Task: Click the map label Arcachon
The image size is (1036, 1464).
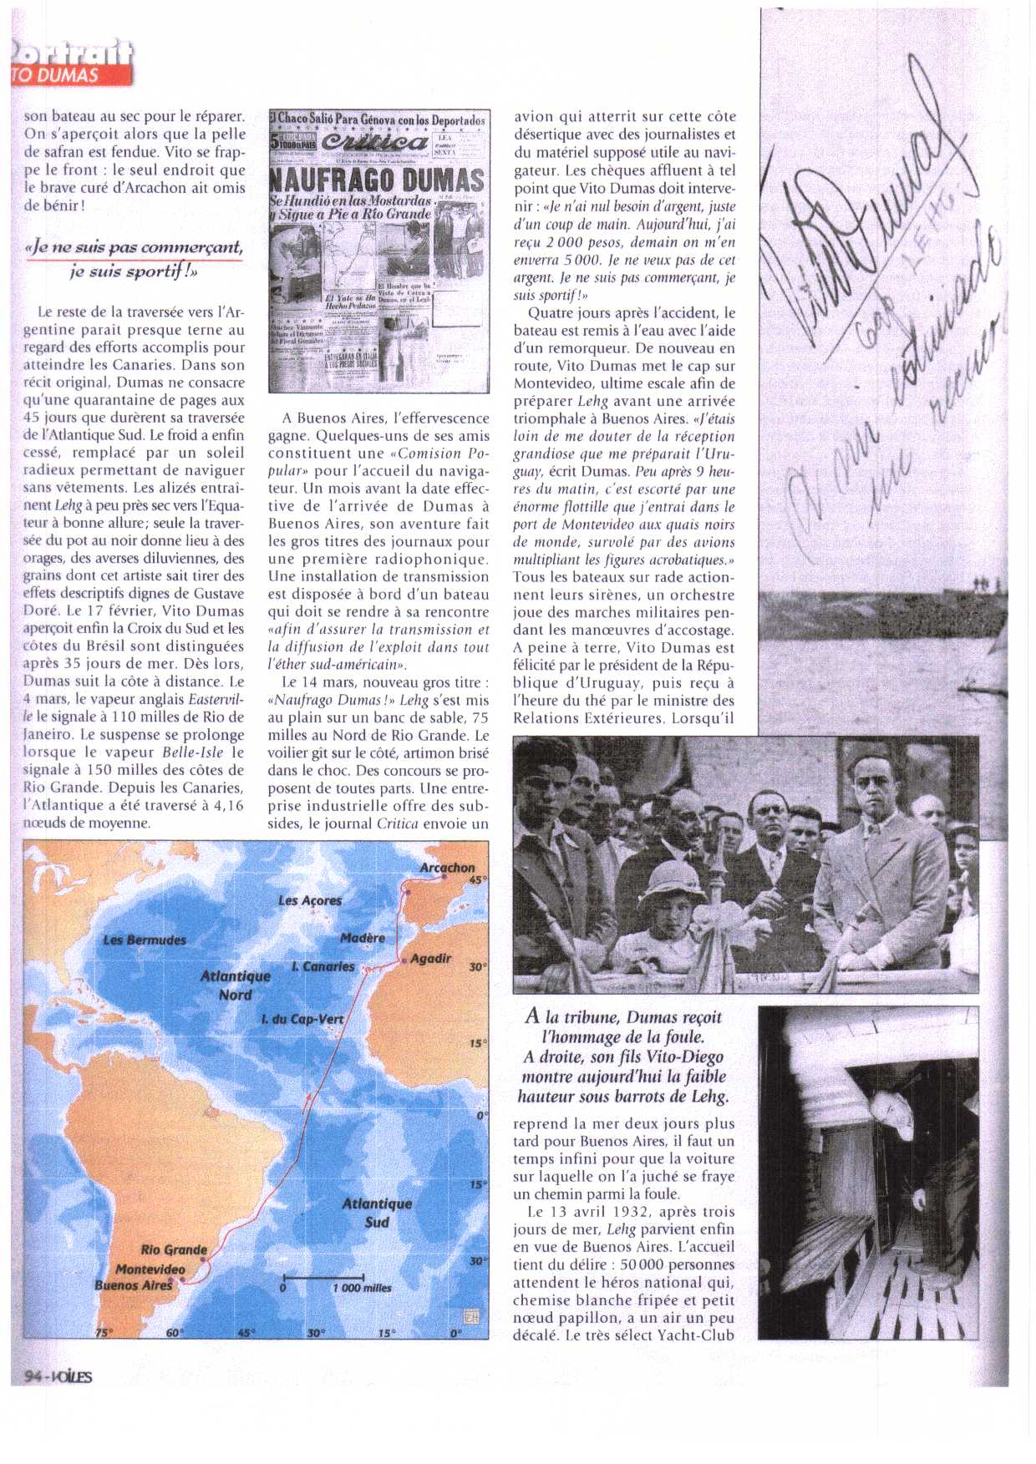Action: pyautogui.click(x=447, y=868)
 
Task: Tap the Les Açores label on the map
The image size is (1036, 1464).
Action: pyautogui.click(x=309, y=900)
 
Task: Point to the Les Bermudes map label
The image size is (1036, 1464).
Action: pyautogui.click(x=145, y=940)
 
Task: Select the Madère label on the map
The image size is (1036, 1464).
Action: pyautogui.click(x=363, y=938)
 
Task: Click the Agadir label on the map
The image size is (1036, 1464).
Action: pyautogui.click(x=431, y=959)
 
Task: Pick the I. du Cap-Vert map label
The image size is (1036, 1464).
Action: pyautogui.click(x=302, y=1019)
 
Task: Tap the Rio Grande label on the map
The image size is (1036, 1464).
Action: pyautogui.click(x=174, y=1249)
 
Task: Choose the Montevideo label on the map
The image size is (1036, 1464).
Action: pyautogui.click(x=150, y=1269)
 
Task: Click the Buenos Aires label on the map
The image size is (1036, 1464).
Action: pyautogui.click(x=134, y=1285)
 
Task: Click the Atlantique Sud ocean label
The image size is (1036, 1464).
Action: pyautogui.click(x=377, y=1213)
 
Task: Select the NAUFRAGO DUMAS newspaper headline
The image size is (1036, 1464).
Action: pyautogui.click(x=378, y=180)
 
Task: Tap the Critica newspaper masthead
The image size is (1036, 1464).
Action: pyautogui.click(x=376, y=143)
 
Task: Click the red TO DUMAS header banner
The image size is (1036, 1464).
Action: pyautogui.click(x=71, y=75)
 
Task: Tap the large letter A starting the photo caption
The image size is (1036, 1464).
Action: pyautogui.click(x=532, y=1016)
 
